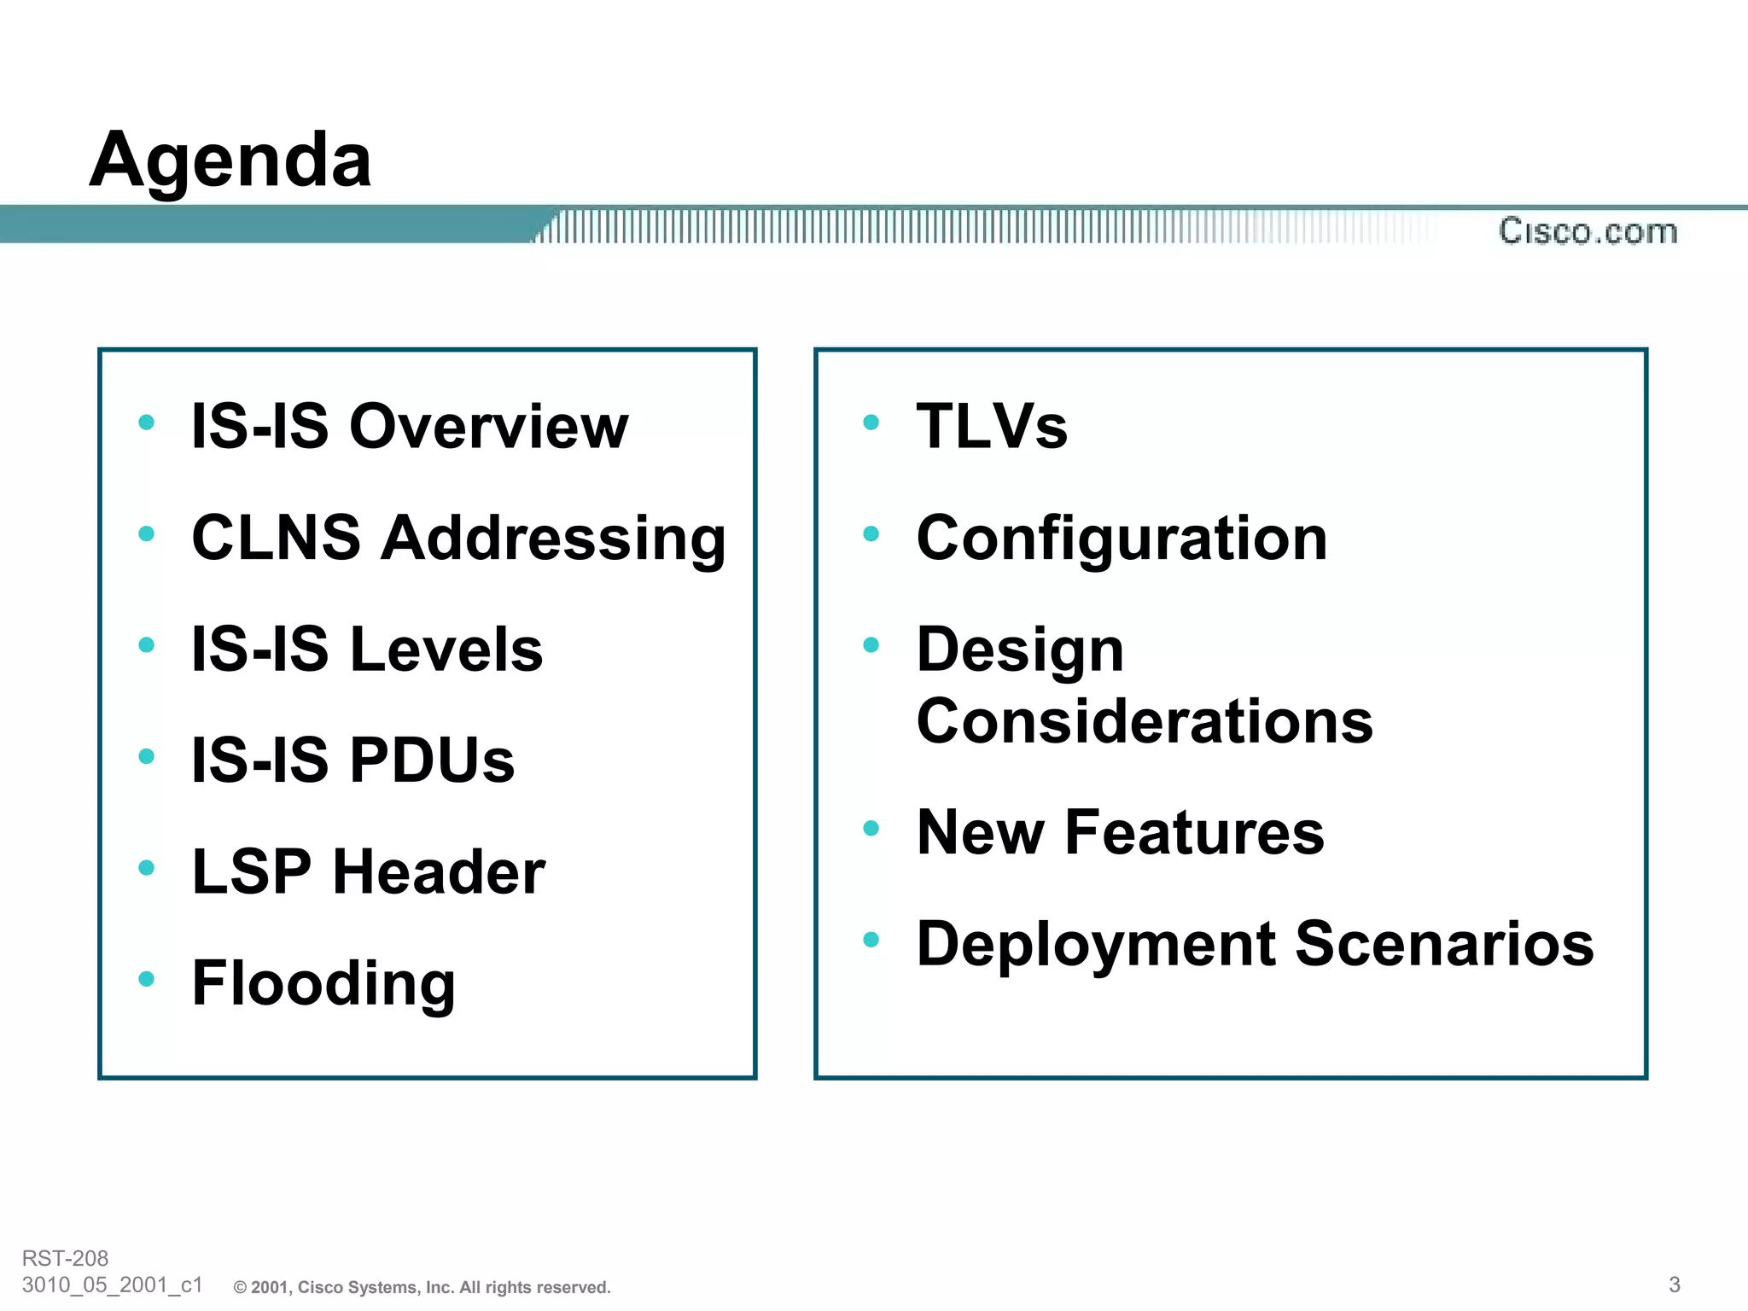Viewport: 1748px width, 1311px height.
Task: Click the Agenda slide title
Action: coord(230,160)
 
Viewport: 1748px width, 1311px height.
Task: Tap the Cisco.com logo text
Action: coord(1588,231)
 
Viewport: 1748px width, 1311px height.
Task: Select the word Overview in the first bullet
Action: coord(488,426)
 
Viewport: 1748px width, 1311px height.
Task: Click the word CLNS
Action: coord(276,538)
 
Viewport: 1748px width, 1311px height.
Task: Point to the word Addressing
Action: coord(553,539)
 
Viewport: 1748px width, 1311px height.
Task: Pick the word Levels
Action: coord(446,650)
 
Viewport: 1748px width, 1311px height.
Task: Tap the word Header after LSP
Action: coord(439,872)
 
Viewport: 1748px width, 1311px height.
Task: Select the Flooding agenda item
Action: coord(323,984)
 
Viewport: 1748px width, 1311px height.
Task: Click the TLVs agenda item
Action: coord(992,426)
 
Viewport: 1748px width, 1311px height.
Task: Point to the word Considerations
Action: coord(1145,721)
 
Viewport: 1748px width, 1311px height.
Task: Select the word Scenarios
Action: coord(1444,944)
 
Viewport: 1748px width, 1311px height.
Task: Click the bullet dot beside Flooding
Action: coord(147,979)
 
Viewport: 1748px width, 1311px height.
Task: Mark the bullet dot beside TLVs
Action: coord(871,422)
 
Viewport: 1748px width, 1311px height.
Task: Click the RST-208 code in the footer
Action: coord(65,1258)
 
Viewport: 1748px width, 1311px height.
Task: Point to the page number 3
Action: coord(1674,1285)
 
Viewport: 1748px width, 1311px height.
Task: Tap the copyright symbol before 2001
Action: coord(241,1288)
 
